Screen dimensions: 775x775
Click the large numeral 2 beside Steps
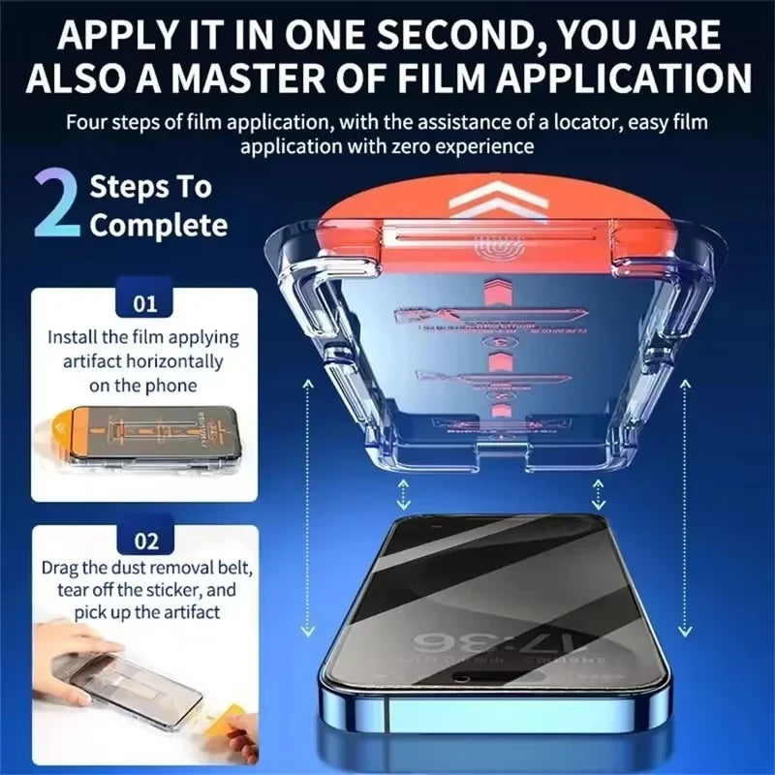click(55, 205)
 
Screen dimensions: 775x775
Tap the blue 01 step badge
click(144, 304)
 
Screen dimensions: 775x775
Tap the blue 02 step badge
click(144, 540)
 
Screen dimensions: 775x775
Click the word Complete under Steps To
click(159, 226)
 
